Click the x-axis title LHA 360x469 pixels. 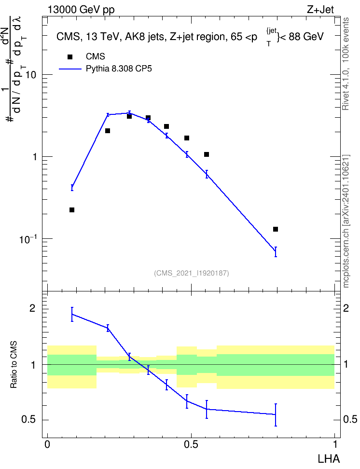tap(329, 459)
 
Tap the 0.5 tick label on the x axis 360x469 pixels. tap(191, 444)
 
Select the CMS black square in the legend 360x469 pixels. tap(70, 57)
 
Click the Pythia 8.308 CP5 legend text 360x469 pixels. tap(119, 69)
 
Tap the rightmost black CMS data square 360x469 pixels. tap(276, 229)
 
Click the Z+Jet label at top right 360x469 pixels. tap(320, 10)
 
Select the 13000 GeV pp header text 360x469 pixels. tap(81, 10)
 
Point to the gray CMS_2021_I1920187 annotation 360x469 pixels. tap(192, 273)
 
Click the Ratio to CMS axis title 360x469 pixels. tap(14, 365)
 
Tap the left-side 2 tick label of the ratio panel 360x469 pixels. tap(32, 308)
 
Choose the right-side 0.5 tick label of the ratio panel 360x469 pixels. tap(350, 420)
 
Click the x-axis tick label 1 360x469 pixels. tap(335, 444)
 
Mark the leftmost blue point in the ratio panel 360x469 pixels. tap(72, 314)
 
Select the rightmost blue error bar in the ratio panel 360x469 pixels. tap(276, 415)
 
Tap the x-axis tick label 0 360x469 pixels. tap(47, 444)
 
